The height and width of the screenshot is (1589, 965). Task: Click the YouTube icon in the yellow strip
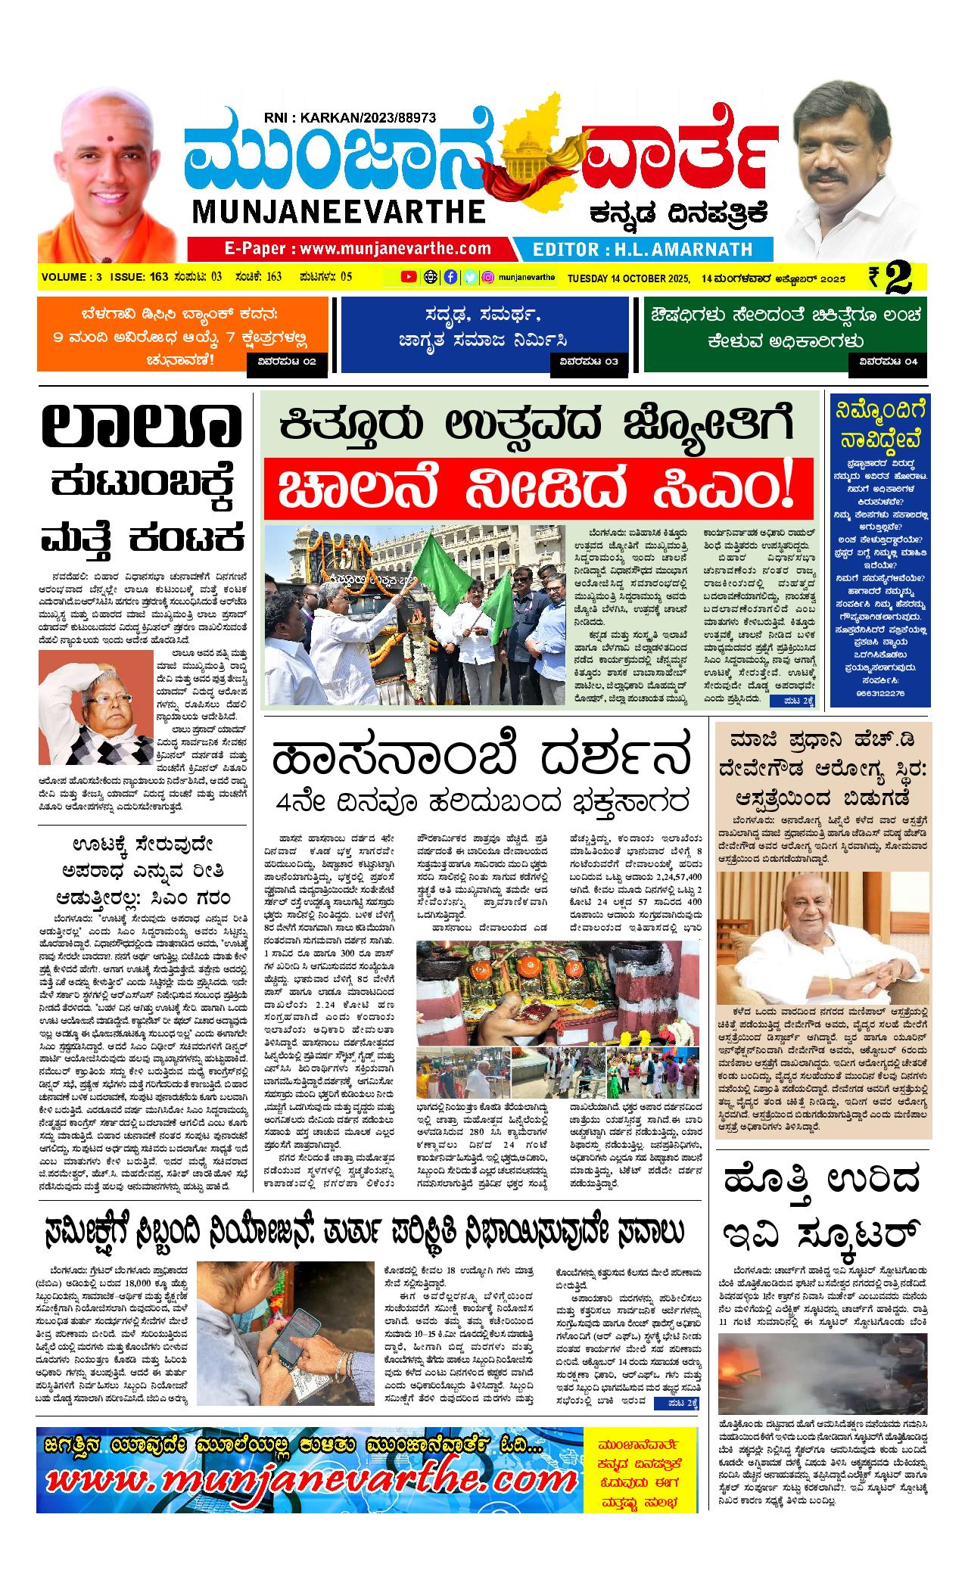click(409, 277)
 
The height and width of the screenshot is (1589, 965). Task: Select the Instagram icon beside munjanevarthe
click(489, 277)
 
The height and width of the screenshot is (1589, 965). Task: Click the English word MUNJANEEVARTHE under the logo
click(340, 211)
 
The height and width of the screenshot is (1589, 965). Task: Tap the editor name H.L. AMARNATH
click(643, 249)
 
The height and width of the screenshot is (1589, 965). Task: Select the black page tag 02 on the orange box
click(287, 362)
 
